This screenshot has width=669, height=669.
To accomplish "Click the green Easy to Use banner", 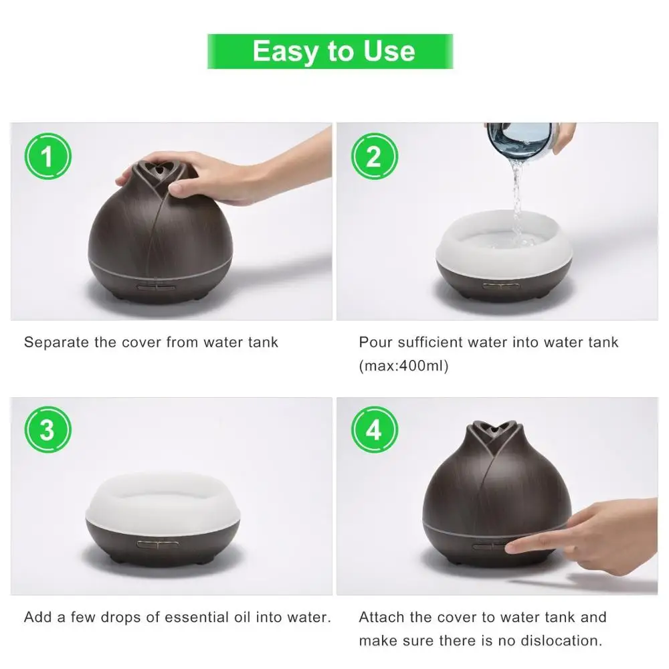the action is [330, 52].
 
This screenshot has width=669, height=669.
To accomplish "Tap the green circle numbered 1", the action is [47, 156].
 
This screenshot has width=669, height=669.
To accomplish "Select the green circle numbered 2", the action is [374, 156].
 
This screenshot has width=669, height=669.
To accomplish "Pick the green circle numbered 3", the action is [47, 429].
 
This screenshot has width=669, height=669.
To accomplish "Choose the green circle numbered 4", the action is [374, 429].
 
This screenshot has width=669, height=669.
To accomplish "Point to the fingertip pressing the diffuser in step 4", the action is [512, 549].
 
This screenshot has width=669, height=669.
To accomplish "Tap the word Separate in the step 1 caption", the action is [57, 342].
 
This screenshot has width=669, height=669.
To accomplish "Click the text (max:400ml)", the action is [403, 366].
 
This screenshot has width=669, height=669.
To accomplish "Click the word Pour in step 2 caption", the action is [376, 342].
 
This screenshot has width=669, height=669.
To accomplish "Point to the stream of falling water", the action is [518, 201].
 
